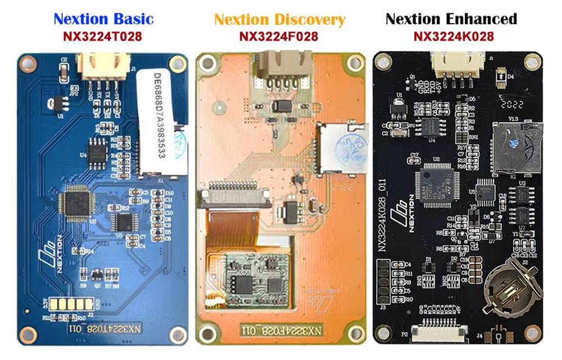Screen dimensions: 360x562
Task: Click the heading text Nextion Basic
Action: (103, 19)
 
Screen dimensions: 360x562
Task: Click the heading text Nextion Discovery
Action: (279, 20)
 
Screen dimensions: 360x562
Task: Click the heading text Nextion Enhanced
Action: (451, 19)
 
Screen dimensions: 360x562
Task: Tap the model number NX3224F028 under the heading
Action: (279, 37)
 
